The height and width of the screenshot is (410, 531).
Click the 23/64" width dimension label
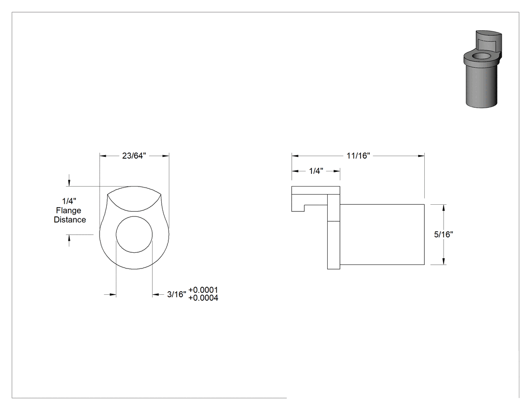click(134, 156)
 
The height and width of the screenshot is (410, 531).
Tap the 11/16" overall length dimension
click(358, 156)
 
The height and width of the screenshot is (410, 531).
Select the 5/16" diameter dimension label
click(444, 234)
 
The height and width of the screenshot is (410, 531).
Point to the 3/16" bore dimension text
click(177, 295)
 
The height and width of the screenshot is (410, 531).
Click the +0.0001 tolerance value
click(203, 290)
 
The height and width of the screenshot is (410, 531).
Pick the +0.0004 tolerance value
click(203, 298)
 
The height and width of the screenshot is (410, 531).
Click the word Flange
click(69, 211)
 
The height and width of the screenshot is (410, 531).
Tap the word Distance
click(70, 220)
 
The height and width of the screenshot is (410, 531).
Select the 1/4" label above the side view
click(316, 171)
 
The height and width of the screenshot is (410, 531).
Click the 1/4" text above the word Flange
click(69, 201)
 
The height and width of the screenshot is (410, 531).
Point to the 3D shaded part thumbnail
click(482, 69)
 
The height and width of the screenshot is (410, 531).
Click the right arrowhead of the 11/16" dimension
click(421, 156)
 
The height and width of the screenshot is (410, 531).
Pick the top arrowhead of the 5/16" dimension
click(444, 208)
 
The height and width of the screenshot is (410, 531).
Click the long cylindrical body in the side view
click(382, 234)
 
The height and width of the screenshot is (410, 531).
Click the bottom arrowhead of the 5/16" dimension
click(444, 261)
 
